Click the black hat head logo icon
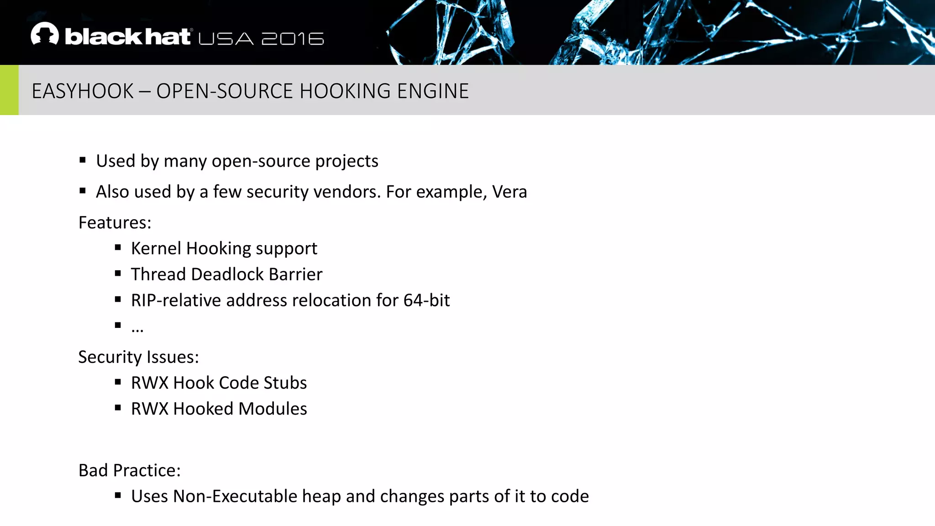[45, 34]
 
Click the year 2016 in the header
[293, 39]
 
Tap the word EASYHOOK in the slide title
[83, 91]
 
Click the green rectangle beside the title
[9, 90]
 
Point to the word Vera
[510, 192]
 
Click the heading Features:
[115, 223]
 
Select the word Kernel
[156, 248]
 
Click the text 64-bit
[426, 300]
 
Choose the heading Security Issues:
[138, 357]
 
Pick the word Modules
[273, 409]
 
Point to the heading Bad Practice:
[130, 470]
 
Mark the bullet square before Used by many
[83, 160]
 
